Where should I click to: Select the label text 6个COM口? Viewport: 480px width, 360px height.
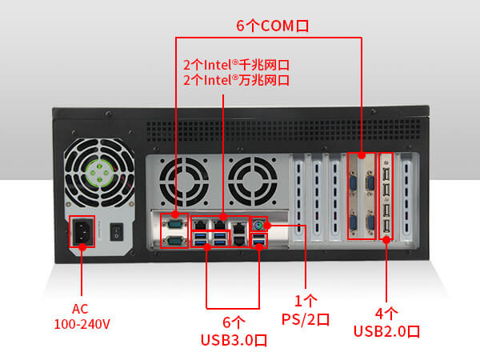point(272,26)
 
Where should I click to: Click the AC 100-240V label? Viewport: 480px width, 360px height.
point(82,317)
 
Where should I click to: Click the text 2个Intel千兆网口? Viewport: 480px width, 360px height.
point(236,64)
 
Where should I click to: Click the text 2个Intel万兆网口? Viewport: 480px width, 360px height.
point(236,80)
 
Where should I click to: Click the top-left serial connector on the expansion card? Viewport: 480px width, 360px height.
point(353,182)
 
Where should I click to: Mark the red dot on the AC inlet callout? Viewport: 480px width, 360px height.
point(82,248)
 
